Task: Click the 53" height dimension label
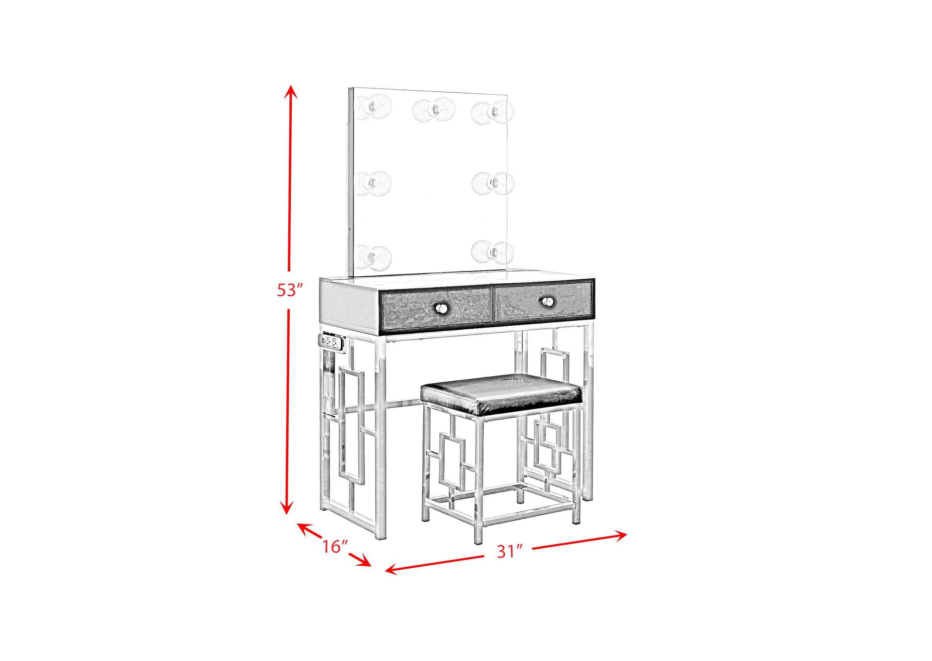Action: (290, 290)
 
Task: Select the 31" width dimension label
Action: (509, 551)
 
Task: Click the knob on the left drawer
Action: (441, 308)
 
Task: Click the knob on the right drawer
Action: (548, 302)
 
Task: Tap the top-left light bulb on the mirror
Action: (374, 107)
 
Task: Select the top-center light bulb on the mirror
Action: (434, 110)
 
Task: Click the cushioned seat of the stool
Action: (501, 394)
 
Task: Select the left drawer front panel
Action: (436, 308)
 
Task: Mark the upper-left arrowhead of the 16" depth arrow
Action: (302, 528)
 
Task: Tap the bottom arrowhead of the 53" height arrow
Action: (287, 508)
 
